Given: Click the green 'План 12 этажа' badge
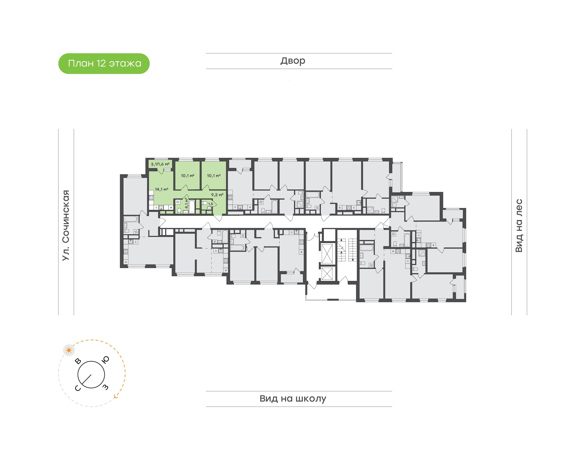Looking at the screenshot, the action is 104,64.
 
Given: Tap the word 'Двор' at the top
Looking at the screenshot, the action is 293,61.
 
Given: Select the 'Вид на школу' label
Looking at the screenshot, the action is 293,399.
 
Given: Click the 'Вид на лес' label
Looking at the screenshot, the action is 519,226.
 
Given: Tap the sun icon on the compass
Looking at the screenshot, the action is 69,350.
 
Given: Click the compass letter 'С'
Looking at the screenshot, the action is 78,388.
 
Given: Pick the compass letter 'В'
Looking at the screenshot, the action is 78,361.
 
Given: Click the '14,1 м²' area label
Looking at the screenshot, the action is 162,189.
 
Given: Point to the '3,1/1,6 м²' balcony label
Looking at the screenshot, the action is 160,164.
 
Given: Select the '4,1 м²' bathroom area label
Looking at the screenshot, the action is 186,203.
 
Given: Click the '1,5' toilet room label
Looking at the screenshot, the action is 211,204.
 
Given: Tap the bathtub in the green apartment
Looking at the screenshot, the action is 192,207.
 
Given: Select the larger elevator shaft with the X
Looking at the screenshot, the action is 327,254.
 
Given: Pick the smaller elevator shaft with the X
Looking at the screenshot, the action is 327,274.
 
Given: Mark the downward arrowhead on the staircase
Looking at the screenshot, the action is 353,260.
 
